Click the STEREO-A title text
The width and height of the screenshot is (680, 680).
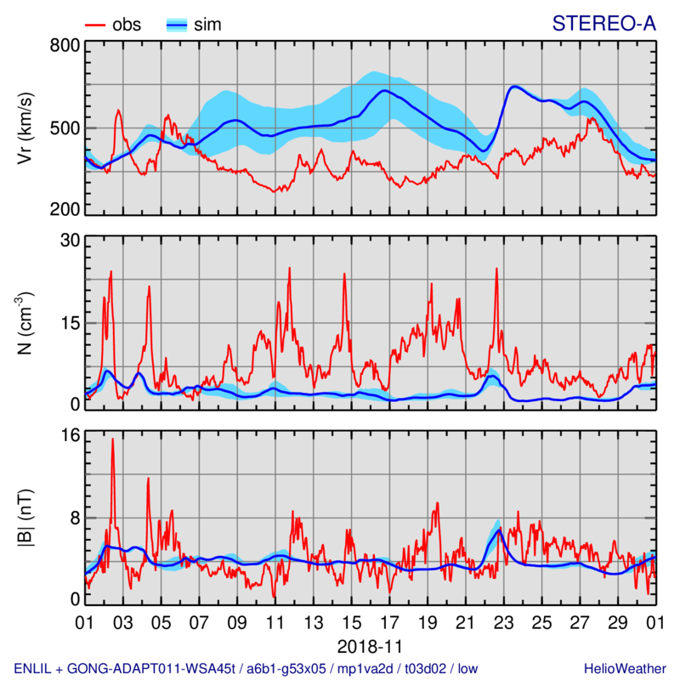point(603,24)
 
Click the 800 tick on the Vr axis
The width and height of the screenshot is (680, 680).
point(65,46)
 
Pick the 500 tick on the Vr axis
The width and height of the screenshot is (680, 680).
point(65,128)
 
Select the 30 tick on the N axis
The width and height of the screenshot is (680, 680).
point(69,241)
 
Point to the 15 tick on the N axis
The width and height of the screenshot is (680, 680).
point(69,323)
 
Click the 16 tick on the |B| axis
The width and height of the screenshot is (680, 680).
point(69,435)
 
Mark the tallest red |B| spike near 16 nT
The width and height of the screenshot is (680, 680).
point(112,439)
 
